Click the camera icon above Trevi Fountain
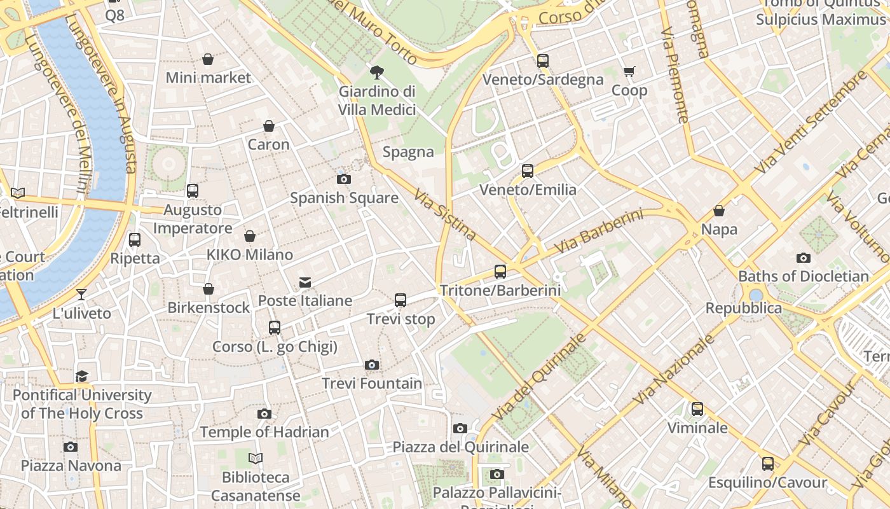[x=372, y=365]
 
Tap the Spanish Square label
[x=344, y=198]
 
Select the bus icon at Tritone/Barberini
[x=500, y=272]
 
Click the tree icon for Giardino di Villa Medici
[x=376, y=72]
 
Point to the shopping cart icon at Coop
[x=629, y=71]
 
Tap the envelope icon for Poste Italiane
[x=305, y=282]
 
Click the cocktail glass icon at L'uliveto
[x=81, y=294]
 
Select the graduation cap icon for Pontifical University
[x=81, y=376]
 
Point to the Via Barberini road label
[x=598, y=231]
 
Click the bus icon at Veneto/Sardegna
[x=542, y=61]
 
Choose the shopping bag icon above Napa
[x=719, y=210]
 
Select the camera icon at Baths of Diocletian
[x=803, y=258]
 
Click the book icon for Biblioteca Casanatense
[x=256, y=458]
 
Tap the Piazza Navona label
[x=71, y=466]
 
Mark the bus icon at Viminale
[x=697, y=408]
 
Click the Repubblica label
[x=744, y=309]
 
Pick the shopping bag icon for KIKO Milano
[x=250, y=236]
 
